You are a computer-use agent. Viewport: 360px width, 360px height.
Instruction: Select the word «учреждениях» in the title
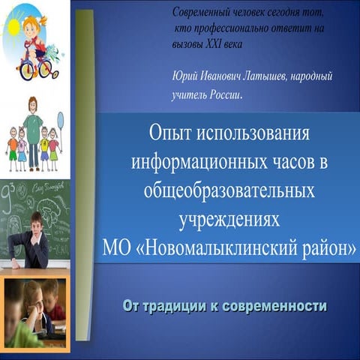coord(229,220)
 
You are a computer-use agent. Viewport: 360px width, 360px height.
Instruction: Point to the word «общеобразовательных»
coord(229,190)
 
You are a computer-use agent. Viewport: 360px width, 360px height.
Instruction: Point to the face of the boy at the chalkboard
coord(37,224)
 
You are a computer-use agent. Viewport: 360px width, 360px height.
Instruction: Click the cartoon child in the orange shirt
coord(13,148)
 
